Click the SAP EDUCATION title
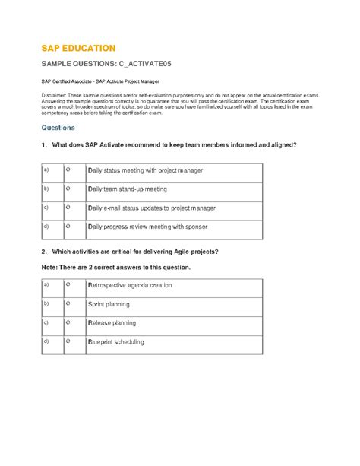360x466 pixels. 78,48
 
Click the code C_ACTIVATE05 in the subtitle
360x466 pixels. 147,65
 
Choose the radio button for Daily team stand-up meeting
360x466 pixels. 68,187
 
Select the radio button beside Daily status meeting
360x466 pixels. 68,167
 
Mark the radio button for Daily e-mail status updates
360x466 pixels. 68,206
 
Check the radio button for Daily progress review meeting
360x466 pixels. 68,226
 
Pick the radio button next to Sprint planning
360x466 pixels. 68,303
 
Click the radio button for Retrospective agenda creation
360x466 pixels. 68,284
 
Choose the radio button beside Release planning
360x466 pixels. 68,322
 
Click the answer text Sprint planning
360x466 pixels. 109,304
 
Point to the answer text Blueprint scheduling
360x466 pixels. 117,343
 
